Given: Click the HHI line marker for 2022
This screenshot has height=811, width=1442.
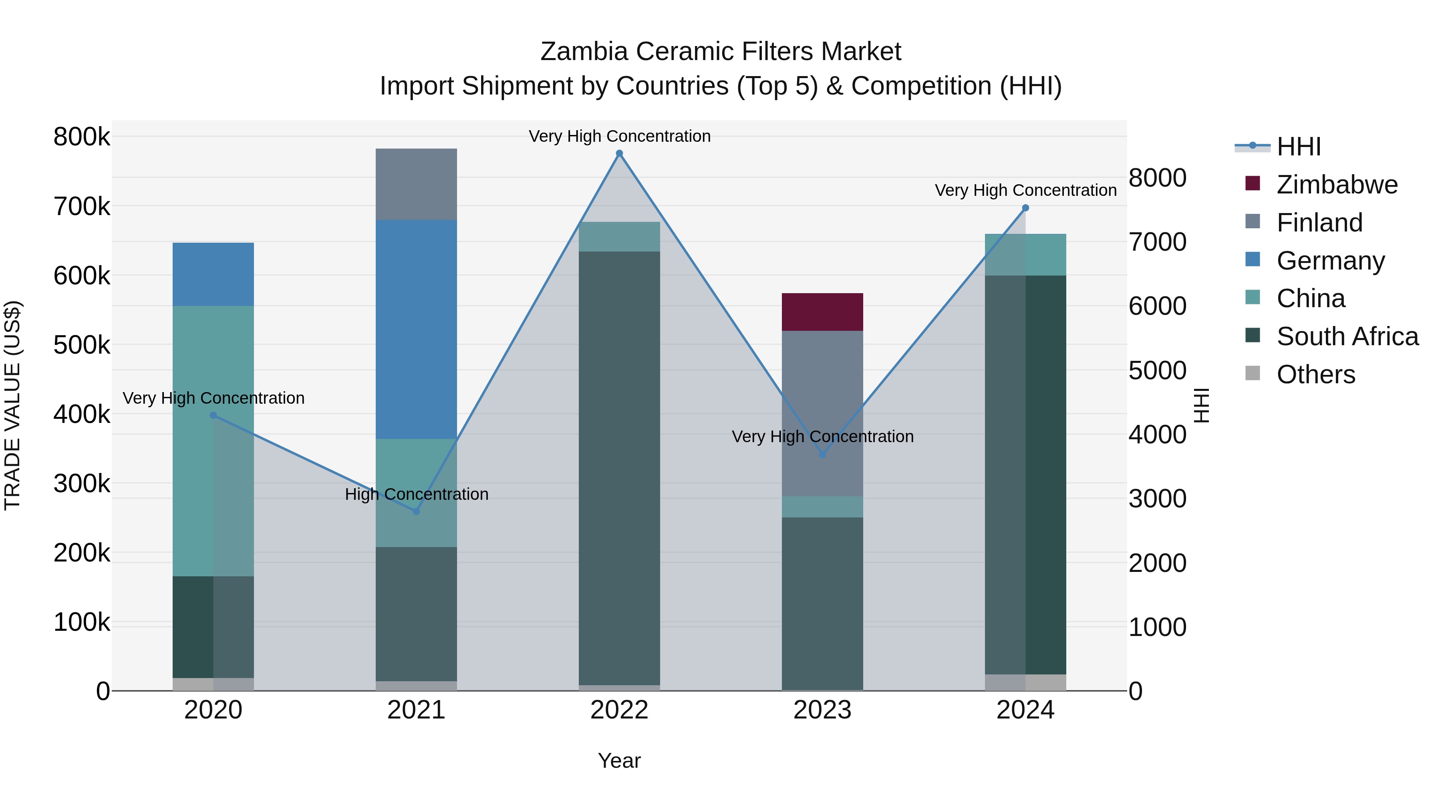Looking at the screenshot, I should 619,153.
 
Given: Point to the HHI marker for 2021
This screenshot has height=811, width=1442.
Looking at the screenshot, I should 416,511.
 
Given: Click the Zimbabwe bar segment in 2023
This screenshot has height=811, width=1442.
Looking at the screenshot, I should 822,312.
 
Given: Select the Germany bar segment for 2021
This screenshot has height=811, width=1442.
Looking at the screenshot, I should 416,329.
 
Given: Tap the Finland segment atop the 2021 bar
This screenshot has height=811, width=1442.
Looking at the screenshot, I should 416,184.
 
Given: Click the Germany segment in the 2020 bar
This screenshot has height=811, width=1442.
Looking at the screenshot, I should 213,274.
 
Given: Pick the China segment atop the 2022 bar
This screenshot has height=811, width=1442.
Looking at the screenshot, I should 619,237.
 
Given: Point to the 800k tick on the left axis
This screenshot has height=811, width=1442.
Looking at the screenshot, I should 82,137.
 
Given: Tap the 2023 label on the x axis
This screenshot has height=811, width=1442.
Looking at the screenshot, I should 822,710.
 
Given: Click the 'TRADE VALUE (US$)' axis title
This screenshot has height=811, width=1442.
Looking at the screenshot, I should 12,405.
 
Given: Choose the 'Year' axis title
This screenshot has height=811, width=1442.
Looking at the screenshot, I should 619,761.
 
